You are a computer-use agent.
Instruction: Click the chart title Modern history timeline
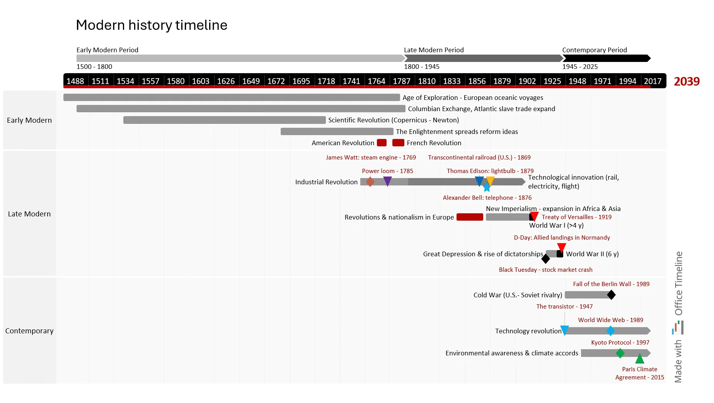point(152,25)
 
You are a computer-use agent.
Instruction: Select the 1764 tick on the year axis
point(376,81)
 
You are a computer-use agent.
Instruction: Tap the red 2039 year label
point(687,81)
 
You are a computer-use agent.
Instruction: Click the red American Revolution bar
point(382,142)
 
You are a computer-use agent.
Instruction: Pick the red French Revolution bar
point(398,142)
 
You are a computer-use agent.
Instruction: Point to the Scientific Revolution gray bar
point(224,120)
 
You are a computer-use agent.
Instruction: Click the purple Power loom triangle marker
point(387,181)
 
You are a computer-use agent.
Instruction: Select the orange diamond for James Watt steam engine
point(370,182)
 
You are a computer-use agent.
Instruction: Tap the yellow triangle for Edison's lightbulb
point(490,180)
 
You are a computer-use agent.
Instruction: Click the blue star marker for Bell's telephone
point(487,188)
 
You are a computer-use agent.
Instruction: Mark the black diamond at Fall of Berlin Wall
point(611,295)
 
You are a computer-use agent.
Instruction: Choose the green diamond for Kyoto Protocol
point(620,353)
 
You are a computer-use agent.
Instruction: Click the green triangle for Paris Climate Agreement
point(640,359)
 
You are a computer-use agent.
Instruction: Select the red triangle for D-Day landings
point(562,247)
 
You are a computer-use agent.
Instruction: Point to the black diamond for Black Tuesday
point(545,259)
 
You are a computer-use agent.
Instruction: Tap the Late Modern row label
point(29,214)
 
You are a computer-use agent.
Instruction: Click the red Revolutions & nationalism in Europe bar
point(470,217)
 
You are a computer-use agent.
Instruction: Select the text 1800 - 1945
point(421,67)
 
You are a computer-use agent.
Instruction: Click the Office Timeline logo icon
point(678,328)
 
